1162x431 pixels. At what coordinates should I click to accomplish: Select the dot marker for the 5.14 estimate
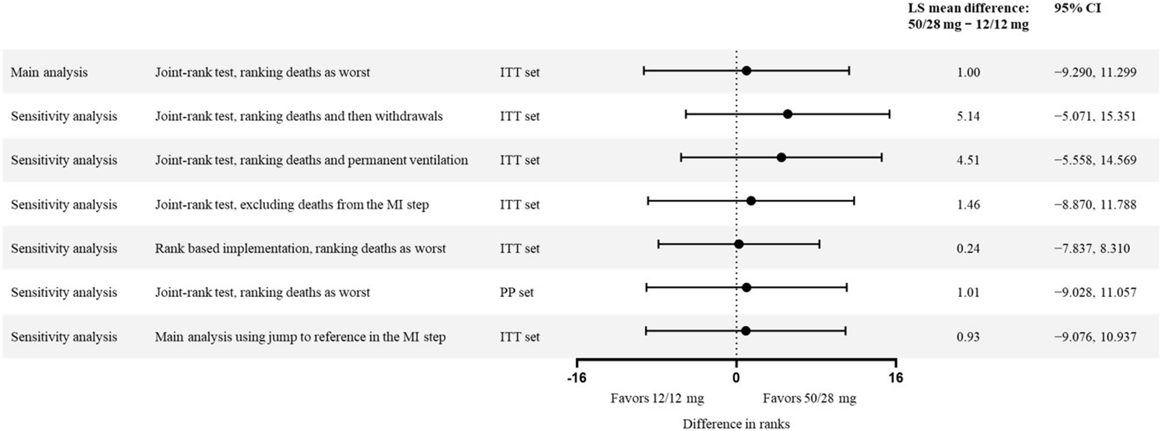[x=788, y=114]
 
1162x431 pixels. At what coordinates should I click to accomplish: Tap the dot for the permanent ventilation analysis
[x=781, y=157]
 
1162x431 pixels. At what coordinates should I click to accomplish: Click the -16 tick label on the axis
[x=577, y=378]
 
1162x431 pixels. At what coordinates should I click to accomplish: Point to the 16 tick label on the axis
[x=896, y=378]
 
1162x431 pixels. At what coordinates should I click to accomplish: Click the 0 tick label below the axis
[x=736, y=378]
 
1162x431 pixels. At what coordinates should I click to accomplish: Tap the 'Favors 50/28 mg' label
[x=809, y=398]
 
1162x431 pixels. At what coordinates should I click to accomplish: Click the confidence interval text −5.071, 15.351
[x=1095, y=116]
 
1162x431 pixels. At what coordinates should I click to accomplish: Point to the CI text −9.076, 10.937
[x=1095, y=337]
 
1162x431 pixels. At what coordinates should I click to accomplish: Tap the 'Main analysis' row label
[x=49, y=72]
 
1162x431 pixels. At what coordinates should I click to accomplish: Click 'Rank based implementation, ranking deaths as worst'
[x=300, y=248]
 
